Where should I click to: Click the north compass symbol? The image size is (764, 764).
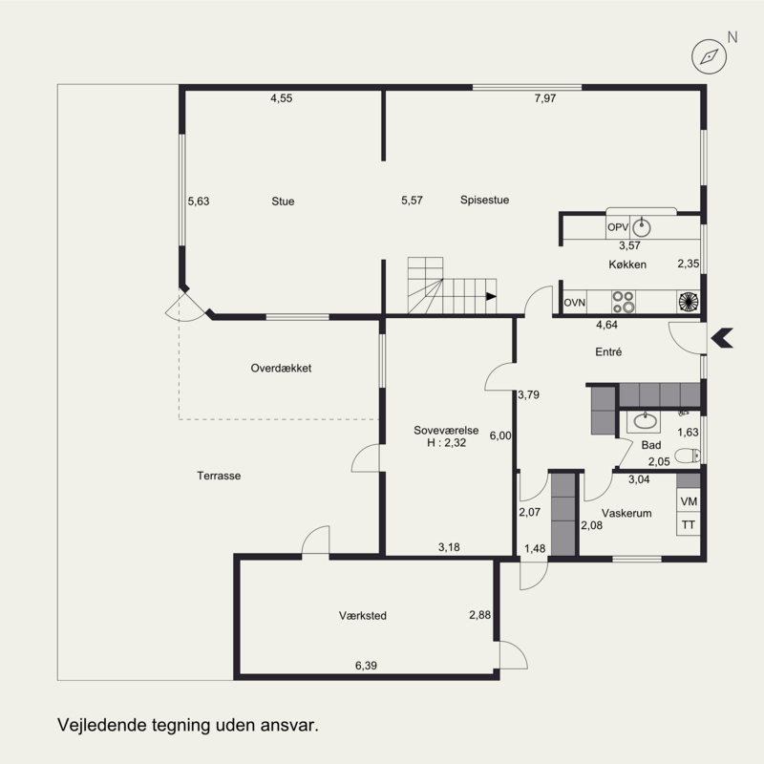pos(709,57)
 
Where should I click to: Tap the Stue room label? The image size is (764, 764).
pos(283,202)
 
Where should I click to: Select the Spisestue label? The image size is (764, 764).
pos(485,200)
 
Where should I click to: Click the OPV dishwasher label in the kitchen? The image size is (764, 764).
pos(618,227)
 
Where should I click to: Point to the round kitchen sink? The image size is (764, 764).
pos(642,227)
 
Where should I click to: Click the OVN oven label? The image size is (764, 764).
pos(575,303)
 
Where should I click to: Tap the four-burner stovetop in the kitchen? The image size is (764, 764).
pos(624,302)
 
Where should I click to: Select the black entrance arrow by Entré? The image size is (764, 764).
pos(722,338)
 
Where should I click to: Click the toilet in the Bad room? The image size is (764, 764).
pos(688,456)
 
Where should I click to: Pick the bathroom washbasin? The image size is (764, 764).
pos(644,421)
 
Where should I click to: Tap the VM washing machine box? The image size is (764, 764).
pos(689,500)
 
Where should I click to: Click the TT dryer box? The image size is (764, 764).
pos(689,524)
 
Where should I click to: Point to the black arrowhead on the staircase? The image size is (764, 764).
pos(491,296)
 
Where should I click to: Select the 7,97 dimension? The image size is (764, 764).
pos(545,98)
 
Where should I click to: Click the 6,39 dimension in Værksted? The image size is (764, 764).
pos(366,666)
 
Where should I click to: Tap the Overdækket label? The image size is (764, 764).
pos(281,368)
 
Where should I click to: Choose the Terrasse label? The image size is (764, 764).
pos(219,476)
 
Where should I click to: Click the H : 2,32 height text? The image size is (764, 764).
pos(446,443)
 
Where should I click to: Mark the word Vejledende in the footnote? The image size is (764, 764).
pos(102,725)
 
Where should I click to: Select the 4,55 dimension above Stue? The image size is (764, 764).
pos(282,98)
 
